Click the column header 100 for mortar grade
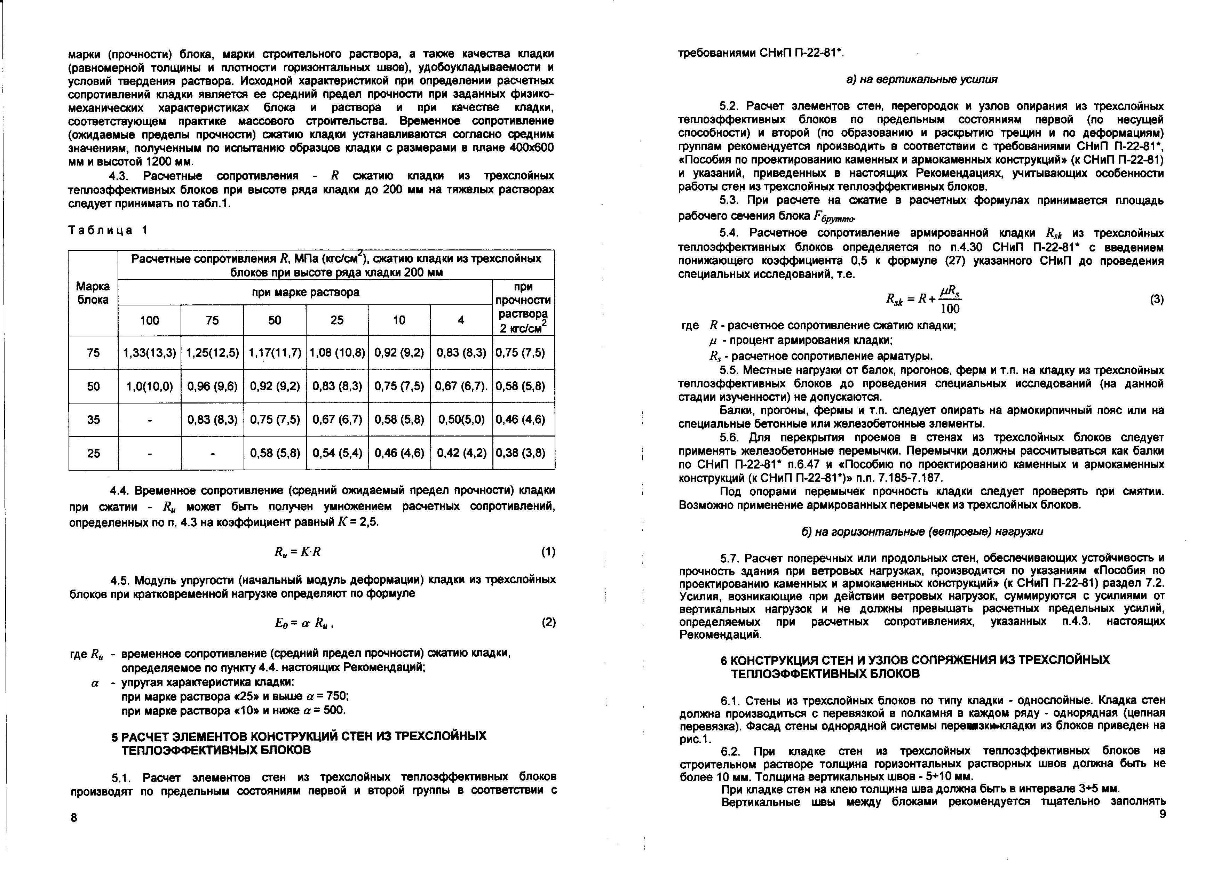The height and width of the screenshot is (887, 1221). point(150,320)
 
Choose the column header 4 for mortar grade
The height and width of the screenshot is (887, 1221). point(461,320)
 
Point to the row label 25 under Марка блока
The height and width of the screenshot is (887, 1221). point(93,453)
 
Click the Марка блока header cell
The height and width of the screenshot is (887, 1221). point(93,293)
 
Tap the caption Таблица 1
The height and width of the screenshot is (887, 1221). point(108,230)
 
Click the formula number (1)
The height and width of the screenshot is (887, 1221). point(547,552)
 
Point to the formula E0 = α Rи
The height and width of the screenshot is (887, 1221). point(305,623)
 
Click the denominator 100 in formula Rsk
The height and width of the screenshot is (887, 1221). point(950,309)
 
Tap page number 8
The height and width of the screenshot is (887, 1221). point(74,817)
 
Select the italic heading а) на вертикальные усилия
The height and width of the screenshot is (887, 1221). point(921,79)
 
